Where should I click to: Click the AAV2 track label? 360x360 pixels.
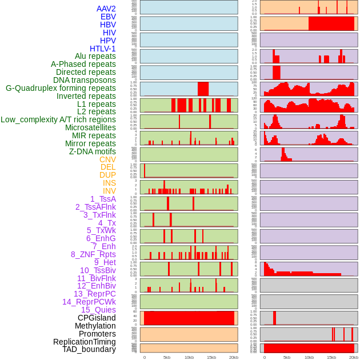click(x=106, y=9)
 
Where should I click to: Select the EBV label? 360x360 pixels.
click(x=108, y=17)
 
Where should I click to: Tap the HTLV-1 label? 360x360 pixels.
click(x=102, y=49)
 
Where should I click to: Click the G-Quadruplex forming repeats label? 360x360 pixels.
click(x=61, y=88)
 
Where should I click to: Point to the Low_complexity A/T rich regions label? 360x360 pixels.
click(x=58, y=119)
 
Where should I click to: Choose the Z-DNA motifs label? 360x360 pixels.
click(x=93, y=151)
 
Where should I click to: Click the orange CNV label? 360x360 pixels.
click(x=107, y=159)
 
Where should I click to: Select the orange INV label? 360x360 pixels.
click(x=109, y=191)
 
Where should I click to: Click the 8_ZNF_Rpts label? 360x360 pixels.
click(x=93, y=254)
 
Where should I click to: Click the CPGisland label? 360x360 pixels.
click(x=97, y=318)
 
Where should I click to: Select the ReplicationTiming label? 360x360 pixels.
click(x=85, y=342)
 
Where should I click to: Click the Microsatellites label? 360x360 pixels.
click(x=90, y=127)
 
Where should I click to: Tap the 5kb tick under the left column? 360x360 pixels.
click(x=167, y=357)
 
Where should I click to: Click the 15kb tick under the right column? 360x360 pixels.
click(x=331, y=357)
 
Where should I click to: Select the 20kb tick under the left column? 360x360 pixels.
click(x=234, y=357)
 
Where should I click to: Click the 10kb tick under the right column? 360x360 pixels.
click(x=309, y=357)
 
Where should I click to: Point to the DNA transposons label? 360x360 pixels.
click(x=85, y=80)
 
